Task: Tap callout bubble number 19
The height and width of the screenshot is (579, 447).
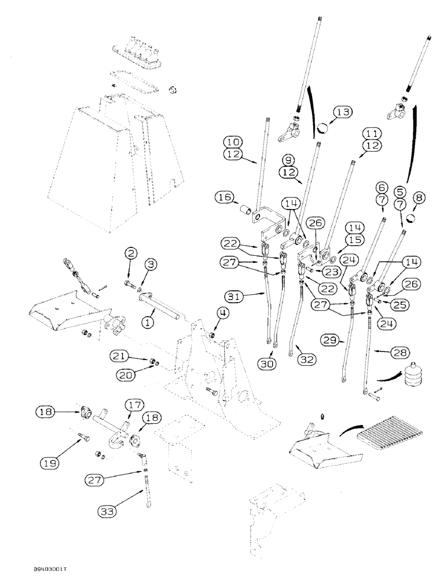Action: point(50,462)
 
